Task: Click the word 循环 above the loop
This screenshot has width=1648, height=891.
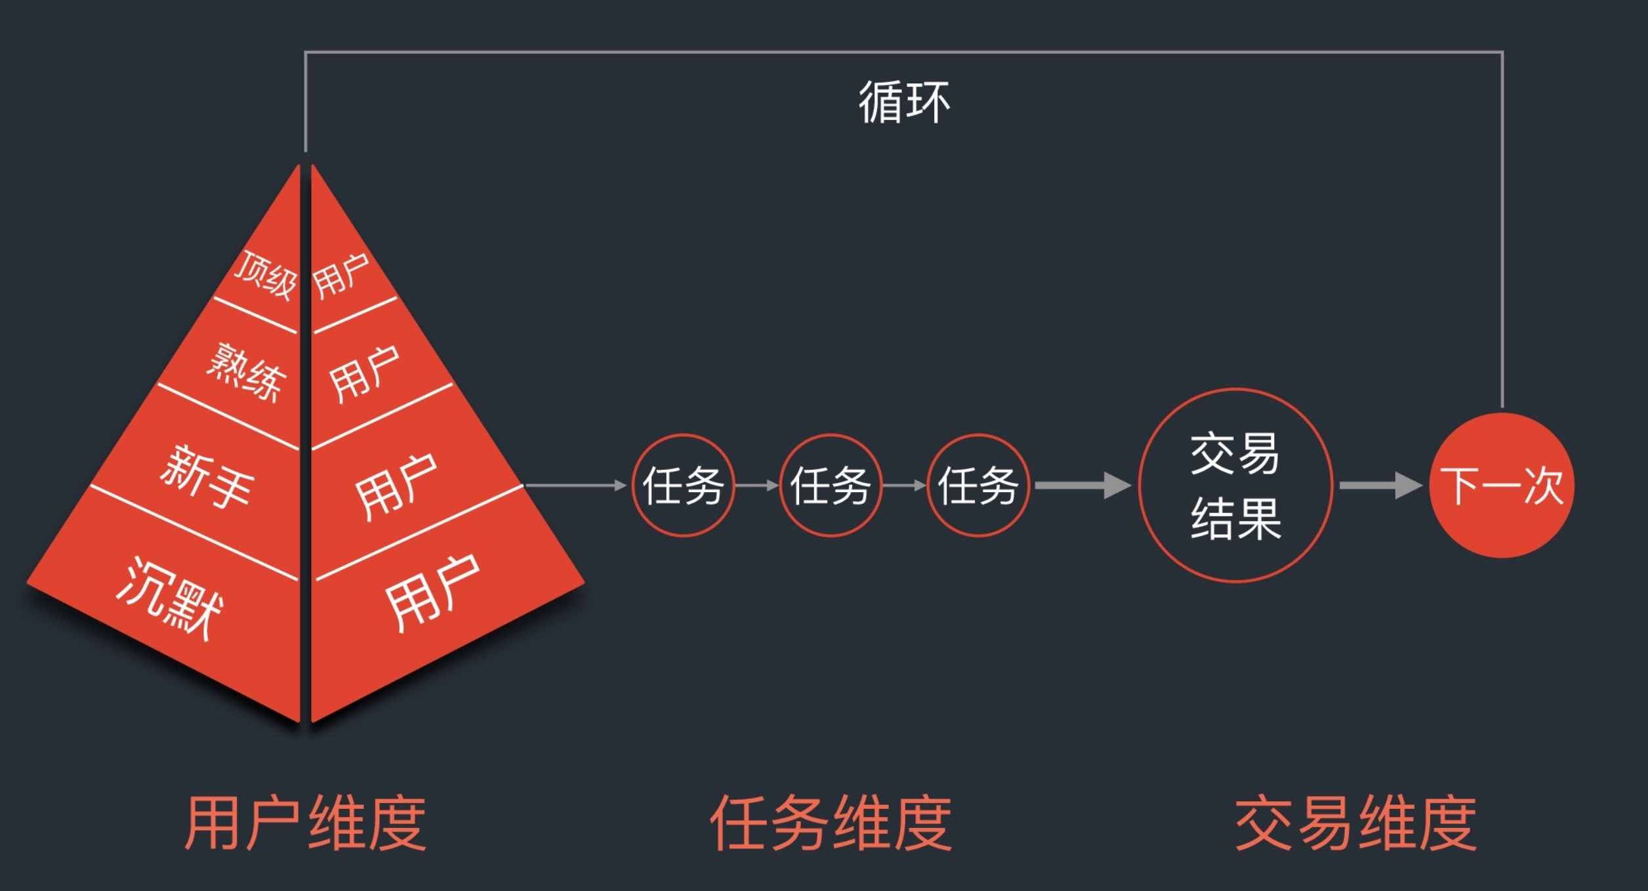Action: click(904, 102)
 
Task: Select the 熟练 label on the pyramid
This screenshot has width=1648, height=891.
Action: click(247, 372)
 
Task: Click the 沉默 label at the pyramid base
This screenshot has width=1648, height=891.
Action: click(169, 597)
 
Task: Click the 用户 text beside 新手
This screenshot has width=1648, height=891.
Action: click(396, 487)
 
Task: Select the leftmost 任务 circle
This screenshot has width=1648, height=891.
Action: click(683, 486)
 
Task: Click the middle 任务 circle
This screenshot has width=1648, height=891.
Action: click(831, 486)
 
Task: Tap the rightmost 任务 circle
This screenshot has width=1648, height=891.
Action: click(978, 486)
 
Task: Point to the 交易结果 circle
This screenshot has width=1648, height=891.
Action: click(1235, 486)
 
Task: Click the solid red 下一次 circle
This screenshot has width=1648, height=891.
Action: click(1501, 486)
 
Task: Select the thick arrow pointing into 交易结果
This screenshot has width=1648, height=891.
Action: click(1082, 486)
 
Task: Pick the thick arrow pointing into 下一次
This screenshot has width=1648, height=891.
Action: click(1380, 486)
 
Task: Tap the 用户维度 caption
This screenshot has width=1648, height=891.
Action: click(305, 823)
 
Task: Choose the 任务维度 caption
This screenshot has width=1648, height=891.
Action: click(831, 823)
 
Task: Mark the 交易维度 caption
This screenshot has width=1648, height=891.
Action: click(1355, 823)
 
